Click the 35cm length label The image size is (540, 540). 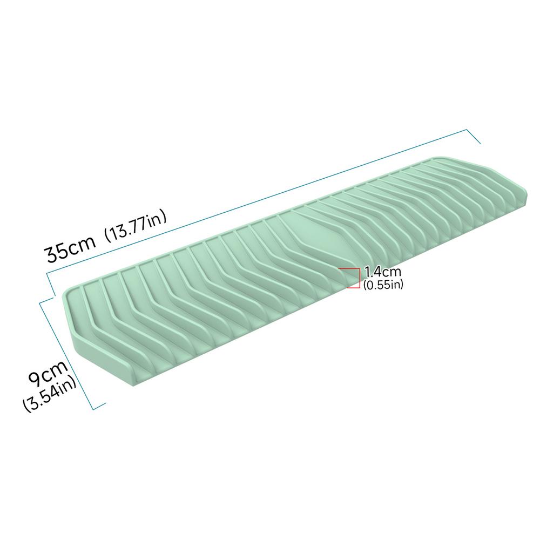(70, 249)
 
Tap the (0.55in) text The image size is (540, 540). (383, 284)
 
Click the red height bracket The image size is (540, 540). (358, 278)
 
